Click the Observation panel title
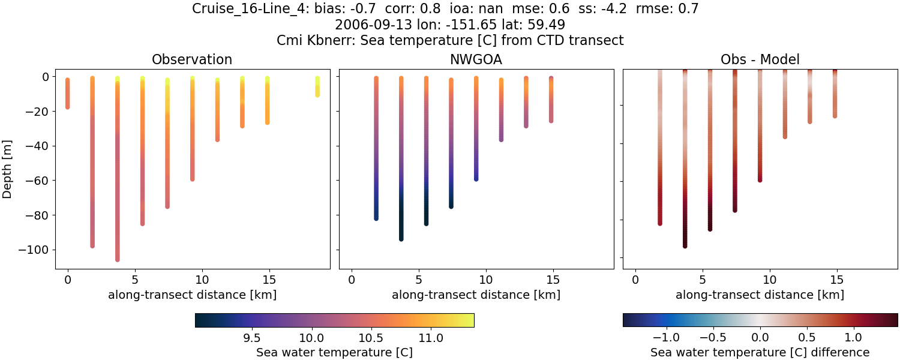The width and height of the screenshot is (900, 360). (192, 59)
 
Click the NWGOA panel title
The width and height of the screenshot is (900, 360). (476, 59)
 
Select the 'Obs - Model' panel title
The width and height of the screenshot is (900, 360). (760, 59)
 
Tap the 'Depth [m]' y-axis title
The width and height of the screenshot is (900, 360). (8, 169)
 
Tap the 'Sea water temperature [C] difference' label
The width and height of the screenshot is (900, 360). (760, 353)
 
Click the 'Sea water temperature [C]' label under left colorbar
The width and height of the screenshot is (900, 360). (334, 353)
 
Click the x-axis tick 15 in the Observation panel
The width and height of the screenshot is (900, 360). (269, 279)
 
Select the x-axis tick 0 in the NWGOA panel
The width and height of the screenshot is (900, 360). (352, 279)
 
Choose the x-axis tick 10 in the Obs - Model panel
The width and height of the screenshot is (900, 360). (770, 279)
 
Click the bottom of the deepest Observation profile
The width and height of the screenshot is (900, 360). (117, 259)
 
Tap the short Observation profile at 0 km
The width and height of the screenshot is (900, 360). (67, 93)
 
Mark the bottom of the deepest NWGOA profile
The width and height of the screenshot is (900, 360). (401, 239)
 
